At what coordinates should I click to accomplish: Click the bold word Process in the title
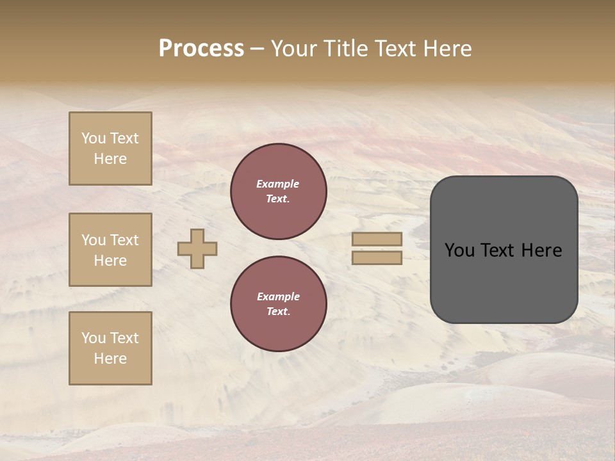pos(201,49)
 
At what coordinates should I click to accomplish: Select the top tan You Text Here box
pos(110,149)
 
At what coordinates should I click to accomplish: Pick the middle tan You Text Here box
pos(110,250)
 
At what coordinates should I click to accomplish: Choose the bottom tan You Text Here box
pos(110,348)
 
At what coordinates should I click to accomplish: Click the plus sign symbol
pos(197,248)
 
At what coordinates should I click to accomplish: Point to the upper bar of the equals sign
pos(377,239)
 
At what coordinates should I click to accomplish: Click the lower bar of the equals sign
pos(377,257)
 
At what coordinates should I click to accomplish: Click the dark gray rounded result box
pos(504,282)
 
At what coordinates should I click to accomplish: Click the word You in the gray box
pos(459,250)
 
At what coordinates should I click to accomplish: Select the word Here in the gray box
pos(541,250)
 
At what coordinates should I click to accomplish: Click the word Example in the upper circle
pos(278,184)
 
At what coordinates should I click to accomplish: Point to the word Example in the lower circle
pos(278,296)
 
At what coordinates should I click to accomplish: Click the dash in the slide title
pos(258,49)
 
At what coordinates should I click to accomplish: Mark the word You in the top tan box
pos(94,138)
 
